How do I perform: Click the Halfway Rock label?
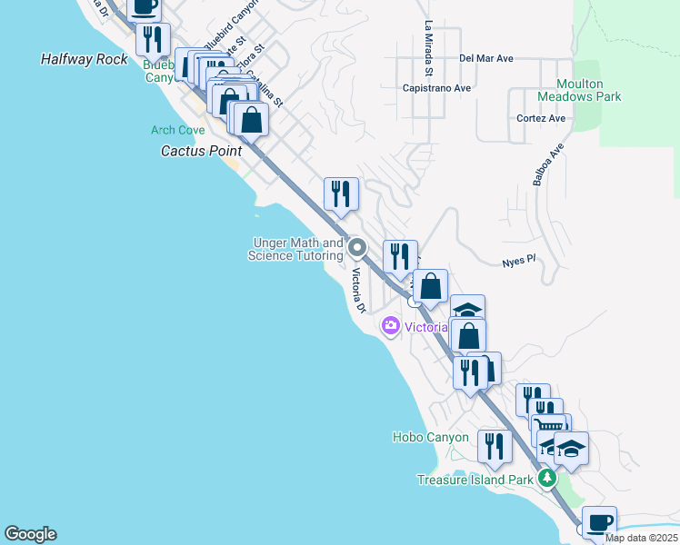85,59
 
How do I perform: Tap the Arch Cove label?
178,131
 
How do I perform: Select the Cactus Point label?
201,151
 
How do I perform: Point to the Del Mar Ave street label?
486,58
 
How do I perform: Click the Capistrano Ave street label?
436,88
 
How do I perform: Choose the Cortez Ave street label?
542,118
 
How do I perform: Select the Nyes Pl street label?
520,260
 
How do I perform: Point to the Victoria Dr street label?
358,291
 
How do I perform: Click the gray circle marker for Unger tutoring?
357,247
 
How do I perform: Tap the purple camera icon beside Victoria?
391,325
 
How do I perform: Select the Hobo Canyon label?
431,437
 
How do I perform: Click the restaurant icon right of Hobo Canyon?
494,445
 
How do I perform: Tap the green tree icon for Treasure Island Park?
546,478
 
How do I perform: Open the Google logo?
30,534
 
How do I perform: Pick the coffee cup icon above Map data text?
599,521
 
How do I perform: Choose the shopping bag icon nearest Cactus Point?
251,118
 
